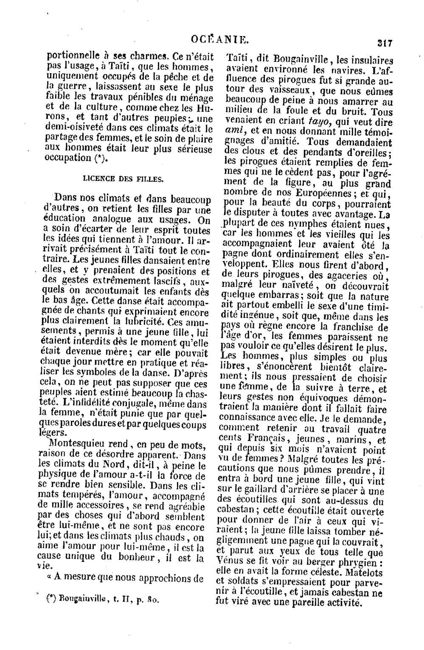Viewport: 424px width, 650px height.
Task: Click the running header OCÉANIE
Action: coord(219,41)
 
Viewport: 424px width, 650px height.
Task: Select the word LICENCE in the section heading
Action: coord(97,179)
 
